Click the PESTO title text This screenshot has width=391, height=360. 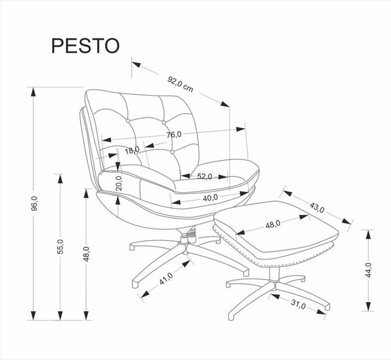[85, 46]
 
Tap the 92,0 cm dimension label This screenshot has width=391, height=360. [181, 84]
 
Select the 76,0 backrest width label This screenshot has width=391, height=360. [174, 135]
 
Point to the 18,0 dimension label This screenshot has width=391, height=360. [132, 150]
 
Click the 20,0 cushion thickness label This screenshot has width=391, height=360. [119, 183]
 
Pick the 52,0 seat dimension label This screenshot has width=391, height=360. [205, 176]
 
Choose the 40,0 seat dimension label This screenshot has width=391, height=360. [210, 198]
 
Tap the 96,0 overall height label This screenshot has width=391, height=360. [34, 204]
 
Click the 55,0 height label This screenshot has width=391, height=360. [61, 246]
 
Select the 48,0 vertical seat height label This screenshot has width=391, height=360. [86, 254]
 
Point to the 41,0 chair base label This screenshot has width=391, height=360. [166, 279]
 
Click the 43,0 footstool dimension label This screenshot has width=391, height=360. [317, 208]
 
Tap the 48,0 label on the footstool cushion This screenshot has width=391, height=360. [273, 224]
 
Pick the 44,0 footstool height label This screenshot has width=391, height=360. [368, 270]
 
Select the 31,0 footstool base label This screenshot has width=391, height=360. [298, 304]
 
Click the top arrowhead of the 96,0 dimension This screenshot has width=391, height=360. [33, 92]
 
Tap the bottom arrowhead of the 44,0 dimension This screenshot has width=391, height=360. [368, 307]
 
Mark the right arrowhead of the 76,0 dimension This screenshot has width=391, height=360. [240, 129]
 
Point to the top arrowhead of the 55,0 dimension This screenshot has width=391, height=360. [60, 178]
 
